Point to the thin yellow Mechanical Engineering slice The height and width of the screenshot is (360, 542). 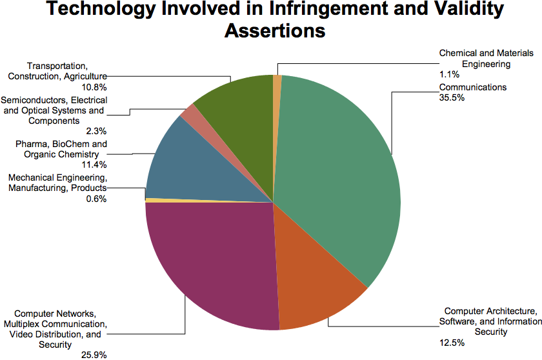point(155,200)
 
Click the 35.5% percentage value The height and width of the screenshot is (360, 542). point(451,97)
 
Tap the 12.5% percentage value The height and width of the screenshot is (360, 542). point(450,343)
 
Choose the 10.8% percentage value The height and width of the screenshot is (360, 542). point(94,86)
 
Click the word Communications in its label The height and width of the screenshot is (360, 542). point(473,87)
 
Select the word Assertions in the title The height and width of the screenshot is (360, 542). point(274,30)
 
